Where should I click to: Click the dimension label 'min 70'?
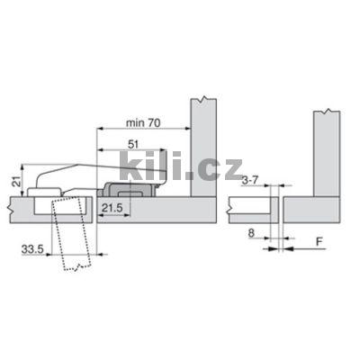(143, 122)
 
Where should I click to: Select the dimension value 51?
(133, 145)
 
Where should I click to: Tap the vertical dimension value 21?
(17, 181)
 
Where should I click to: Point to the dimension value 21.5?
(112, 208)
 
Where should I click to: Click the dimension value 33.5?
(32, 249)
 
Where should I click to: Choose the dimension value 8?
(251, 233)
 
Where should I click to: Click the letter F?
(319, 241)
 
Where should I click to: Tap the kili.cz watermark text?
(181, 166)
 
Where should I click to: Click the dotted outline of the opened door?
(71, 234)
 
